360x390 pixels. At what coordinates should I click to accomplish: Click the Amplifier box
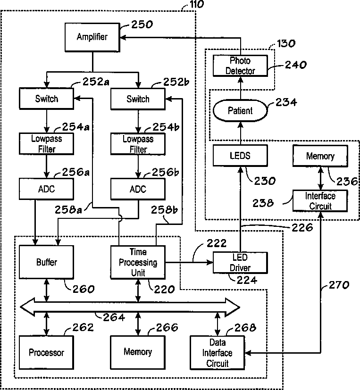pos(92,37)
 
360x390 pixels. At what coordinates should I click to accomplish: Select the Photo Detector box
pos(240,66)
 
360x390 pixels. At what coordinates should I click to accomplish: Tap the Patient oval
pos(240,110)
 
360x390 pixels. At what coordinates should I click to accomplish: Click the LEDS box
pos(240,156)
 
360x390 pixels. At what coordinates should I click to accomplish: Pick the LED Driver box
pos(240,263)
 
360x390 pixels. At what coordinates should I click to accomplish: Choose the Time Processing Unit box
pos(138,262)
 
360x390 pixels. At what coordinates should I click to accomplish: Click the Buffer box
pos(47,262)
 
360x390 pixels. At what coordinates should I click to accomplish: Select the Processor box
pos(47,352)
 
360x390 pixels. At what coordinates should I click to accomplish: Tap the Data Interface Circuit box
pos(218,353)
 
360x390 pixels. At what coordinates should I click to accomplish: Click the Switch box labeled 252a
pos(47,99)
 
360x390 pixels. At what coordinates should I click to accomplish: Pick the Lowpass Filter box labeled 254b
pos(138,144)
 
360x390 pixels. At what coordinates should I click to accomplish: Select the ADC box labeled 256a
pos(47,189)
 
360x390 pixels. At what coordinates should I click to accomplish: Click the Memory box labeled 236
pos(320,156)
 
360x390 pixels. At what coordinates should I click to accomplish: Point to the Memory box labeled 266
pos(138,352)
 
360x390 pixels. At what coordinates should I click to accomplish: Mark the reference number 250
pos(142,25)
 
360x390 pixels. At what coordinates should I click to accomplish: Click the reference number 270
pos(339,285)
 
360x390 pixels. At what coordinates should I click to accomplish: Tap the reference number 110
pos(197,4)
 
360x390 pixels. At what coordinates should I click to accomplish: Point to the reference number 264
pos(114,317)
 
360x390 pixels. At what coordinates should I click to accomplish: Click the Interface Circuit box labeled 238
pos(320,201)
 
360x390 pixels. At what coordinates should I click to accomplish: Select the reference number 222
pos(217,243)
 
